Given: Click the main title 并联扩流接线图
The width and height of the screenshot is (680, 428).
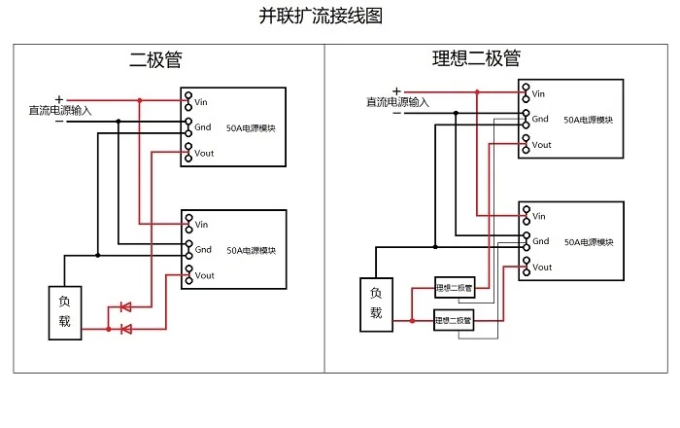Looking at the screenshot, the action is coord(321,16).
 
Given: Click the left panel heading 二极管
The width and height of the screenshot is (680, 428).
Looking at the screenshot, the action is coord(155,59).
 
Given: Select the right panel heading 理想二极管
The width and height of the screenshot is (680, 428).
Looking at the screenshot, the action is coord(476,57).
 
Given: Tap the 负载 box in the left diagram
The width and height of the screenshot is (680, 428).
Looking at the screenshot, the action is coord(65,312).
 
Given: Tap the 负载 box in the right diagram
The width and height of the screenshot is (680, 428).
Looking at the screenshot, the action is coord(377,304).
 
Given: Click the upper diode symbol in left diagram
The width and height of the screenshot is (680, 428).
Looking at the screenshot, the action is coord(125,306).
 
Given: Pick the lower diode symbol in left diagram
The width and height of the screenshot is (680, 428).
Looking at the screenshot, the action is coord(125,329).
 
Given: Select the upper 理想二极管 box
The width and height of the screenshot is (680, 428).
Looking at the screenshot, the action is coord(455,287).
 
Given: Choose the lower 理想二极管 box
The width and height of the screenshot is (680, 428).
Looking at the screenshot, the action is coord(454,320).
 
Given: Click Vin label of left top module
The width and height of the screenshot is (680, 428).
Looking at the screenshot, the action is coord(201,102).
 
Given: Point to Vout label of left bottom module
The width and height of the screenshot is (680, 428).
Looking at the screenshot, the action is coord(204,275).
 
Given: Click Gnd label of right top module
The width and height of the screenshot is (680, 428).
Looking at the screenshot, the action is coord(540,119).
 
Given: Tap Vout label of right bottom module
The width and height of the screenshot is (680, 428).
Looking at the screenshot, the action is coord(542,267).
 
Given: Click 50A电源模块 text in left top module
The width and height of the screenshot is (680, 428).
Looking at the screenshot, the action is coord(251,128).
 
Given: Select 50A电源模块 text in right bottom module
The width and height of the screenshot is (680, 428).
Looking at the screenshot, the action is coord(589,242).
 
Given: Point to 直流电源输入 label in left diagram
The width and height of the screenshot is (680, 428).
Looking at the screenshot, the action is coord(60,110).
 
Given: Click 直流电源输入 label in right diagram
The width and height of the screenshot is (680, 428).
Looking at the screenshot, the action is coord(397,102).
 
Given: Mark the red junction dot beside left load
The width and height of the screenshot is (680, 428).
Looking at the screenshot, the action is coord(109,329).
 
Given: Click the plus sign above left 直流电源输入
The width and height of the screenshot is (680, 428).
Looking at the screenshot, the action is coord(59,100).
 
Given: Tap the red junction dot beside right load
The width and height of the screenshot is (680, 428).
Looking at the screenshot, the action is coord(412,321).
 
